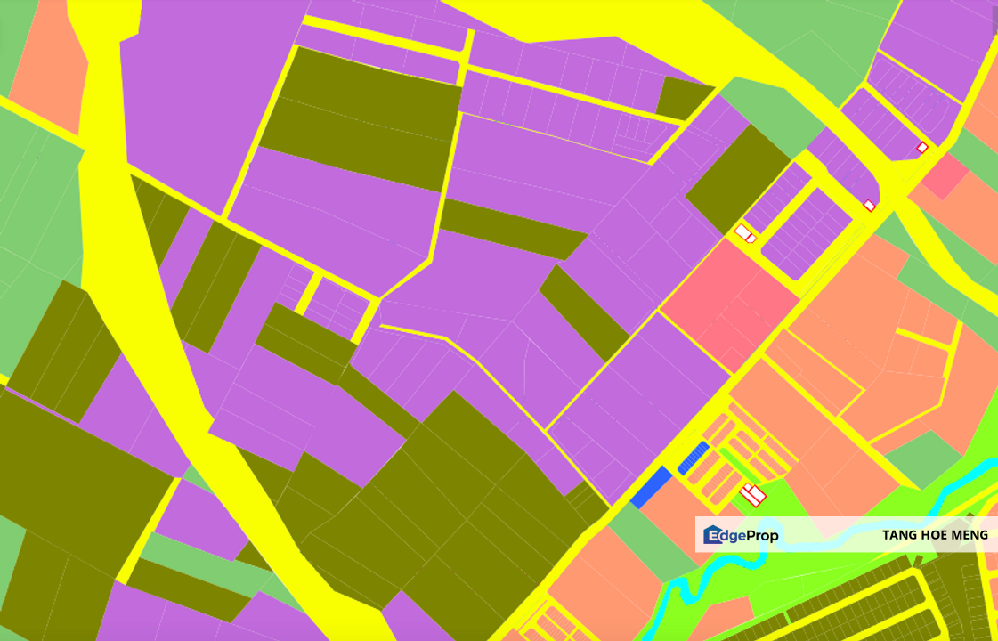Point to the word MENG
[x=970, y=535]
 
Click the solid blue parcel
[x=651, y=487]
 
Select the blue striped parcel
[x=694, y=457]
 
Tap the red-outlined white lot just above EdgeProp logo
[x=753, y=494]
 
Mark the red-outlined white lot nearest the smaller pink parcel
[x=922, y=148]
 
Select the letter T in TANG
[x=887, y=535]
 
